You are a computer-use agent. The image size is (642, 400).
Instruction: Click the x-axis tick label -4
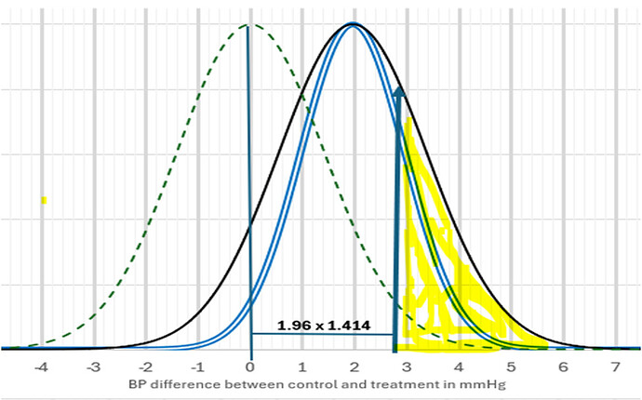pos(40,367)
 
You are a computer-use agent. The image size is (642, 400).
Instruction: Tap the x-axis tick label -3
pos(93,367)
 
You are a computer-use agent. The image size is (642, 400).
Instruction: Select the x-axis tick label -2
pos(145,367)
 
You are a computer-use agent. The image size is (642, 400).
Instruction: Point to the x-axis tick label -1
pos(197,367)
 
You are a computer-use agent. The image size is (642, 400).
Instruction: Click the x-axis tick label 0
pos(251,367)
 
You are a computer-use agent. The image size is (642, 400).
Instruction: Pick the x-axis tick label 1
pos(303,367)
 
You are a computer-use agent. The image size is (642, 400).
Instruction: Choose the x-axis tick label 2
pos(355,367)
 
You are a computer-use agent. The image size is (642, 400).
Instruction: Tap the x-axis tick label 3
pos(406,367)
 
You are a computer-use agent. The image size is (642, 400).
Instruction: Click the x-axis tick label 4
pos(458,367)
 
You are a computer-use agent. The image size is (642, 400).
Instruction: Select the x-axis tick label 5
pos(511,367)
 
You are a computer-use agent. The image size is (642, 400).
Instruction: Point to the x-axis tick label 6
pos(563,367)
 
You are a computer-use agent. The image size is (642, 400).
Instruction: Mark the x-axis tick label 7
pos(615,367)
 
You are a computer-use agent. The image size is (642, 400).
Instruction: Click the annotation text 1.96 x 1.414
pos(324,326)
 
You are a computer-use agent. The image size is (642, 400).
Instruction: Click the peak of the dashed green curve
pos(247,25)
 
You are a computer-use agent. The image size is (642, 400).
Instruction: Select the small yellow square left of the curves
pos(43,200)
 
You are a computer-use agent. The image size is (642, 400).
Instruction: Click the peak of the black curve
pos(353,24)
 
